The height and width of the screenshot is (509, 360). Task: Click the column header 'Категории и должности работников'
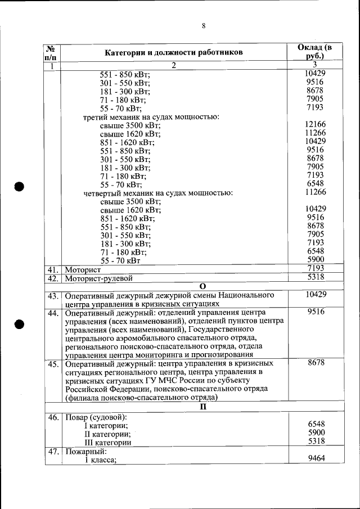pos(174,53)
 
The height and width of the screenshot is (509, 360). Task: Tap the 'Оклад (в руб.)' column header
pos(315,52)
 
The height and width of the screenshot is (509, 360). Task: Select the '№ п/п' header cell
pos(51,53)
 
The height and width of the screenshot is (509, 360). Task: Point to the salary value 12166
pos(315,124)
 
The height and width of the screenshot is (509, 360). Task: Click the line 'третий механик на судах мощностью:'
pos(151,117)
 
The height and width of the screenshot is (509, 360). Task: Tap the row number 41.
pos(53,269)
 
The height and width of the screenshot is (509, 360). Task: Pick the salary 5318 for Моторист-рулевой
pos(316,277)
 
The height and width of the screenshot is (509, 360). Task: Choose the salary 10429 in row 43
pos(315,295)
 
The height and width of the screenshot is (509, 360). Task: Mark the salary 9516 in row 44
pos(316,312)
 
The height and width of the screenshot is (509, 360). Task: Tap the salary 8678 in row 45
pos(316,363)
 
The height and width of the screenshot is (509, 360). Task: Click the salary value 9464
pos(316,459)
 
